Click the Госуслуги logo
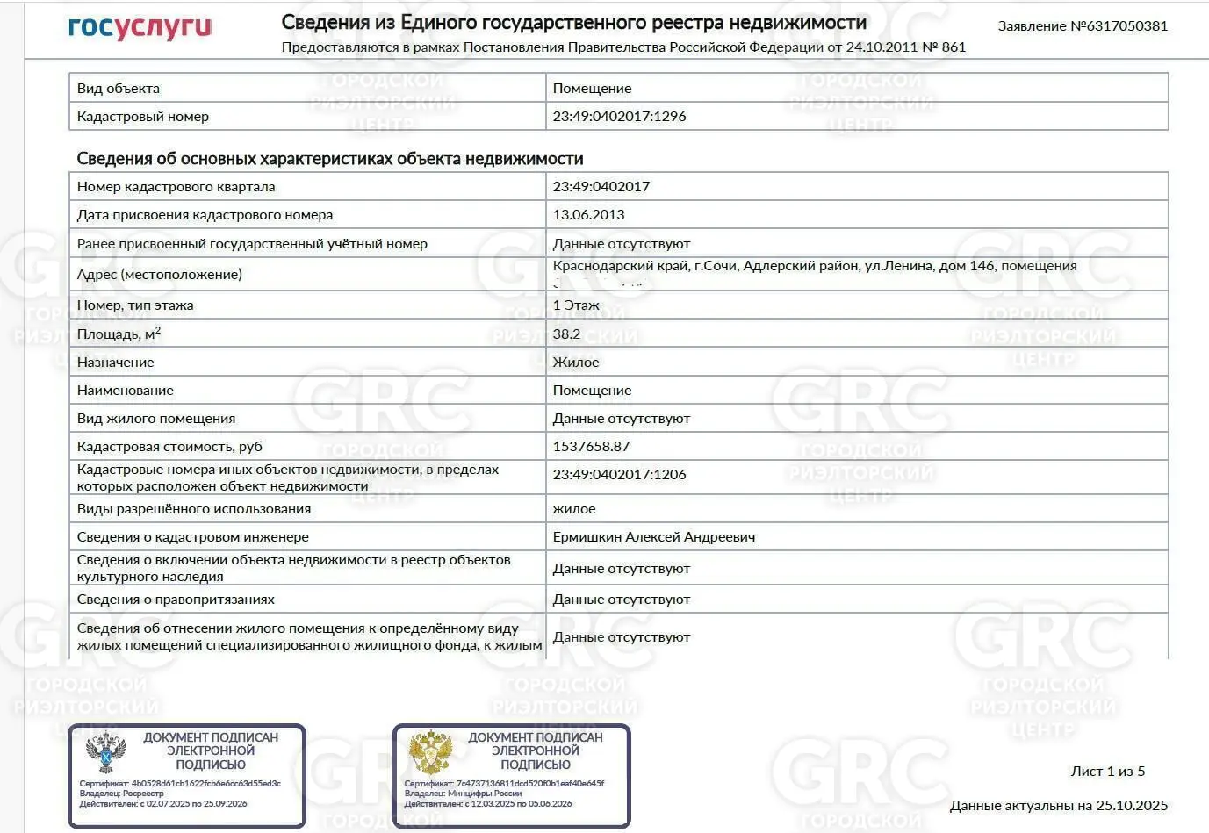pos(140,27)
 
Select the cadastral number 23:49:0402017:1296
pos(619,116)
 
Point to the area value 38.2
pos(566,334)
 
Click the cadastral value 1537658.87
pos(591,446)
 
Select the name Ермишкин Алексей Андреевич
pos(653,536)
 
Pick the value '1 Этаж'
pos(576,305)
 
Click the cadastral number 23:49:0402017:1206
pos(619,474)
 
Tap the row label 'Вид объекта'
pos(119,88)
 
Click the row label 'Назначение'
pos(115,362)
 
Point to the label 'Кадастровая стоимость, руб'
pos(169,446)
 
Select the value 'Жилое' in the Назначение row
pos(576,362)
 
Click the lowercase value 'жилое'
pos(574,508)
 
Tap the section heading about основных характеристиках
pos(330,158)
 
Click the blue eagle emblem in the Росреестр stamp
pos(105,753)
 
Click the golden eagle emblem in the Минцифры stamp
pos(430,753)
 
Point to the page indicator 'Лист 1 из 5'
pos(1107,771)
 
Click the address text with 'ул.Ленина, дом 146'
pos(815,265)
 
